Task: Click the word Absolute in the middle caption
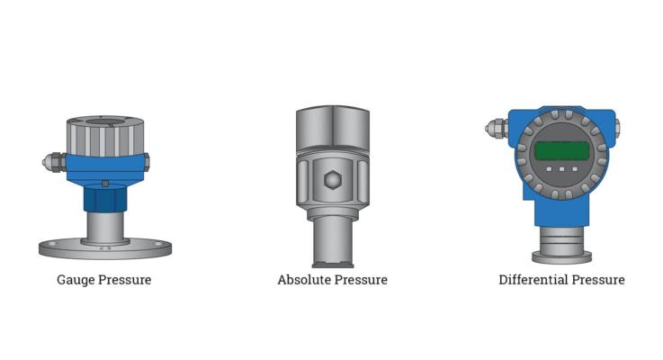click(x=304, y=280)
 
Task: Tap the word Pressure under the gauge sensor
click(x=125, y=280)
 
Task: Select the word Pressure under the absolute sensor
click(x=361, y=280)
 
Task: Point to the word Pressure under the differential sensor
click(x=598, y=280)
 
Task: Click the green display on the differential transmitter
click(x=562, y=150)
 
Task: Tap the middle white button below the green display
click(x=562, y=169)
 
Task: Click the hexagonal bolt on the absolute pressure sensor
click(x=333, y=180)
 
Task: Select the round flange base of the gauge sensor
click(x=105, y=248)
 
